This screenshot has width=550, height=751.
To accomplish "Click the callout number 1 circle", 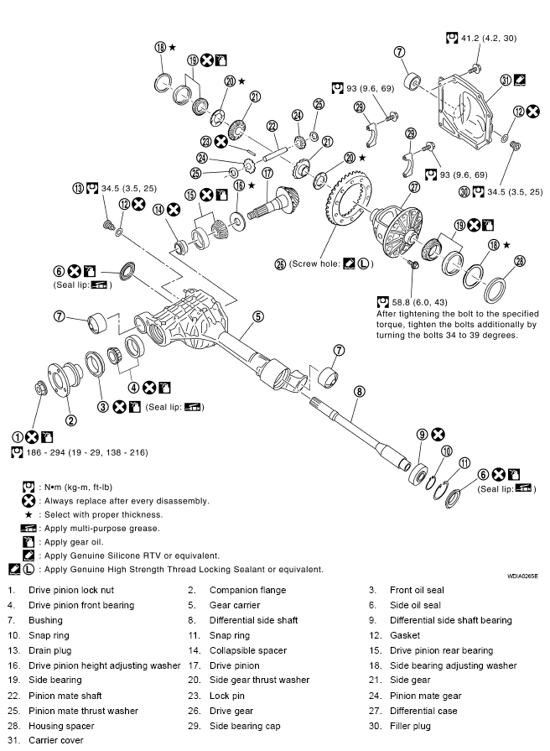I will tap(16, 436).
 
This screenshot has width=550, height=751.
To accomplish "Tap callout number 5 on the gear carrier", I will tap(258, 316).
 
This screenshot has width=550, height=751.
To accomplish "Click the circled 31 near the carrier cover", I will tap(505, 80).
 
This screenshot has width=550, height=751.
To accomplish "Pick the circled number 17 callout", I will tap(267, 174).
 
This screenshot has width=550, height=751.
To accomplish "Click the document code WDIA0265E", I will tap(522, 577).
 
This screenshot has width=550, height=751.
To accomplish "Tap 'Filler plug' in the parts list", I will tap(412, 726).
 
